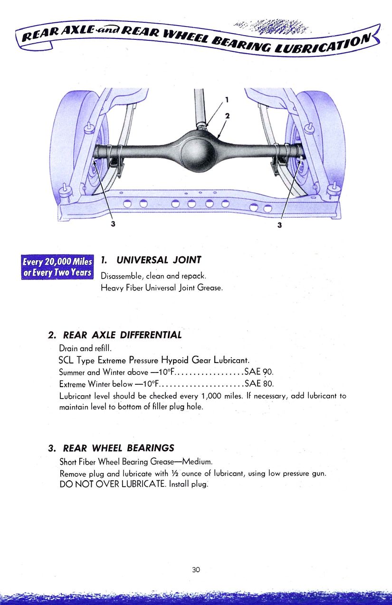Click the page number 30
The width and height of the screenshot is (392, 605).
(x=196, y=569)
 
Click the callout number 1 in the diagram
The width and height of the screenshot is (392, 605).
(x=227, y=100)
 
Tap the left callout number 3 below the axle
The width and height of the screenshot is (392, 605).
(x=113, y=224)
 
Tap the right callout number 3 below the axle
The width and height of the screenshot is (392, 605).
(x=279, y=225)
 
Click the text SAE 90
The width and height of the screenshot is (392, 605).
(x=259, y=372)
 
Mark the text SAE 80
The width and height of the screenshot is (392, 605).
(x=259, y=383)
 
